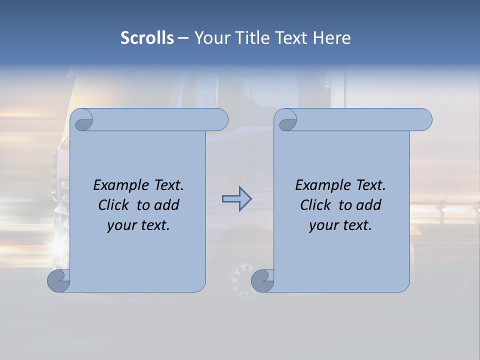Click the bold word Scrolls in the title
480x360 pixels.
click(x=147, y=38)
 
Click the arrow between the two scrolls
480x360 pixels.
click(x=236, y=199)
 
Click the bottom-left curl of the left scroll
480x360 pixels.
click(x=58, y=281)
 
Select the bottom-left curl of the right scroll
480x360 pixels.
click(x=262, y=281)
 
